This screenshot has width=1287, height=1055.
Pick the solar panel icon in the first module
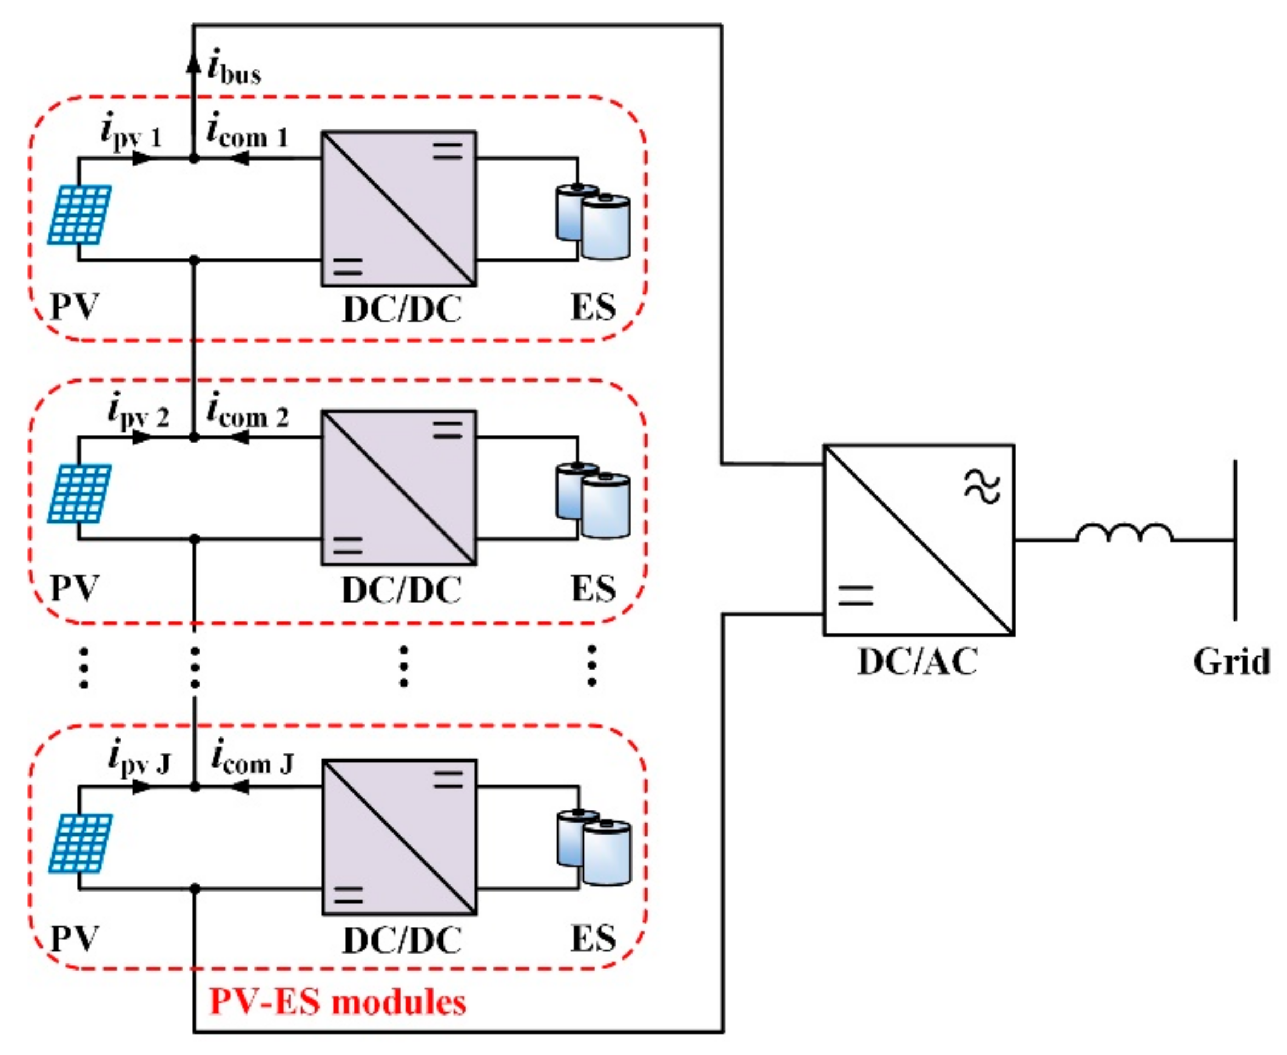(80, 214)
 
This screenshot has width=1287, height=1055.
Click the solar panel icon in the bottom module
(81, 843)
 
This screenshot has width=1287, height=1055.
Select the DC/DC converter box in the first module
(398, 208)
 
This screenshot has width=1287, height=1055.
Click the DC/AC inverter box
(918, 540)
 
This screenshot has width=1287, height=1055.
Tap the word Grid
(1231, 662)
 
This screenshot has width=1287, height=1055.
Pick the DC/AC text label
(917, 662)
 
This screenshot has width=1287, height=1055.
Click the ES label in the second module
(594, 588)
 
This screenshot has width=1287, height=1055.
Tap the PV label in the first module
(74, 307)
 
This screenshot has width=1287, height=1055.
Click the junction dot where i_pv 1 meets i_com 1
(193, 158)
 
